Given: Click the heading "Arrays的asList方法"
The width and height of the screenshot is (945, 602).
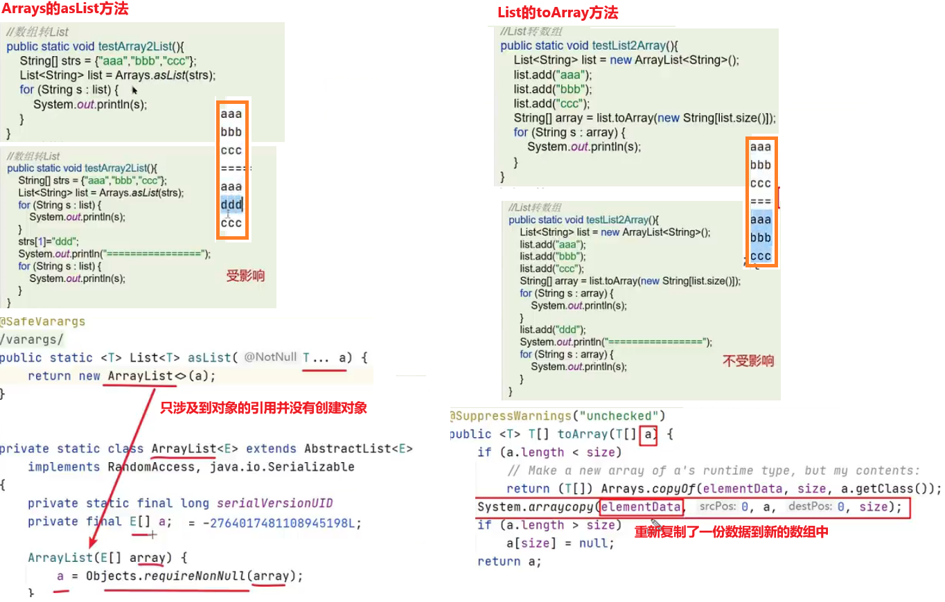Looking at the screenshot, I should pyautogui.click(x=65, y=10).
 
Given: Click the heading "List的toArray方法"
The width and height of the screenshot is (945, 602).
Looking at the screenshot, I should pyautogui.click(x=558, y=12).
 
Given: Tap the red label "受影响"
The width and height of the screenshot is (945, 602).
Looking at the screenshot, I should pyautogui.click(x=246, y=276).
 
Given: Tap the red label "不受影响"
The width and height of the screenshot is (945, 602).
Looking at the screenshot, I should pyautogui.click(x=748, y=361).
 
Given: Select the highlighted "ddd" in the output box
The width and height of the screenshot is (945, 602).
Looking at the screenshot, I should pyautogui.click(x=231, y=204).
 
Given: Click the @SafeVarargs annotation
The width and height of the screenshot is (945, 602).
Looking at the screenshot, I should pyautogui.click(x=42, y=321).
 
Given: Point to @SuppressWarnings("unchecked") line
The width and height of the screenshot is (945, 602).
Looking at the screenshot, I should pyautogui.click(x=558, y=416).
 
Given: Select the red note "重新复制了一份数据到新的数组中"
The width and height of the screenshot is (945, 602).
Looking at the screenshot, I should pyautogui.click(x=732, y=532).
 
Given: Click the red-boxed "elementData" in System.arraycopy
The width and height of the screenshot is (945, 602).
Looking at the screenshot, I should pyautogui.click(x=642, y=507).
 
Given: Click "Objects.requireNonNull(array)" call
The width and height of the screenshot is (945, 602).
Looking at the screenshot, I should pyautogui.click(x=195, y=576).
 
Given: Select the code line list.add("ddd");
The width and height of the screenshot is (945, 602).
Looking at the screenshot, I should pyautogui.click(x=553, y=330).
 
